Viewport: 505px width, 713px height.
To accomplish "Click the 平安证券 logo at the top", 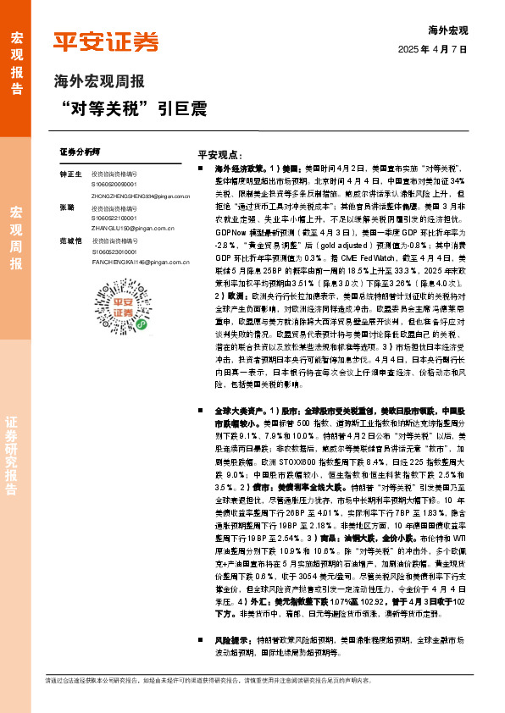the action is [106, 41].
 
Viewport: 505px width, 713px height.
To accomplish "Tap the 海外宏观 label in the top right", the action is [448, 30].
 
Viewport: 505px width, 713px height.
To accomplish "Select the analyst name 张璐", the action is [67, 207].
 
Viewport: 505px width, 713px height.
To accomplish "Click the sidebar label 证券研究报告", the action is [16, 457].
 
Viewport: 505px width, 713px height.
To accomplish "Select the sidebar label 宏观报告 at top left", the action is [16, 56].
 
